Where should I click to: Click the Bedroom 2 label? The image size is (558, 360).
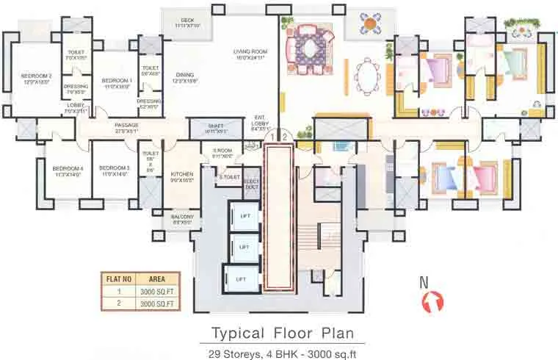[x=35, y=76]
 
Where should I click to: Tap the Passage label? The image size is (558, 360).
[x=126, y=125]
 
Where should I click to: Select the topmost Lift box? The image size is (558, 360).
[x=244, y=215]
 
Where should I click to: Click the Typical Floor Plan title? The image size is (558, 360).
[x=278, y=332]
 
